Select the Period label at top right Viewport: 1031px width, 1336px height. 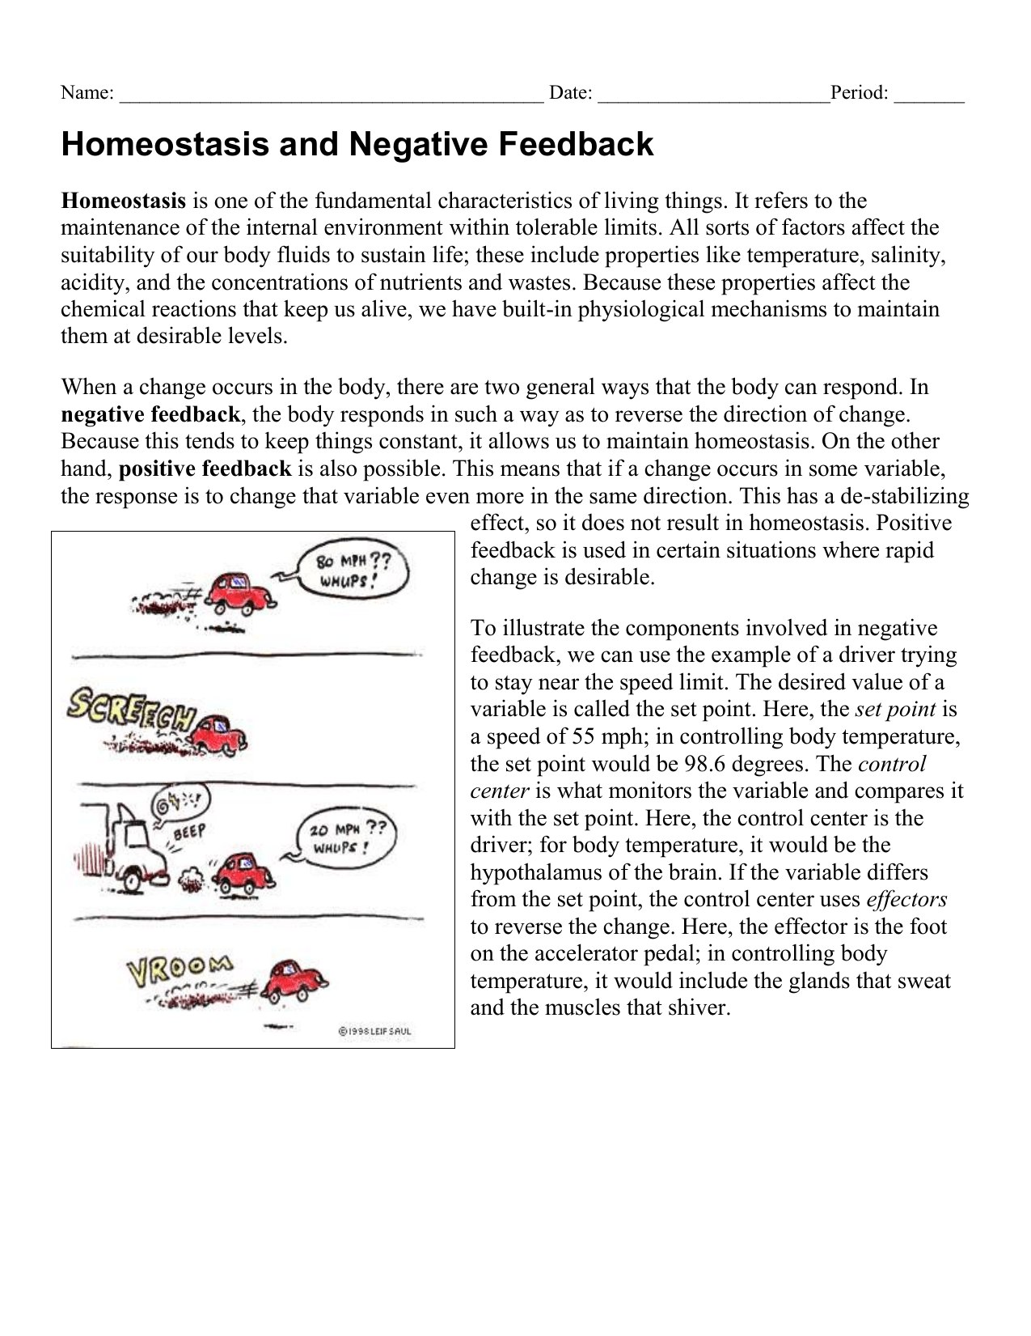click(860, 93)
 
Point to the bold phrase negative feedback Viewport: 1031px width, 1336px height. click(150, 415)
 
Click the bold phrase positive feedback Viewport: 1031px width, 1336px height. click(205, 469)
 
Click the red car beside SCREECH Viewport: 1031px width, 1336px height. click(222, 732)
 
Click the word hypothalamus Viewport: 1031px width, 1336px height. click(539, 872)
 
